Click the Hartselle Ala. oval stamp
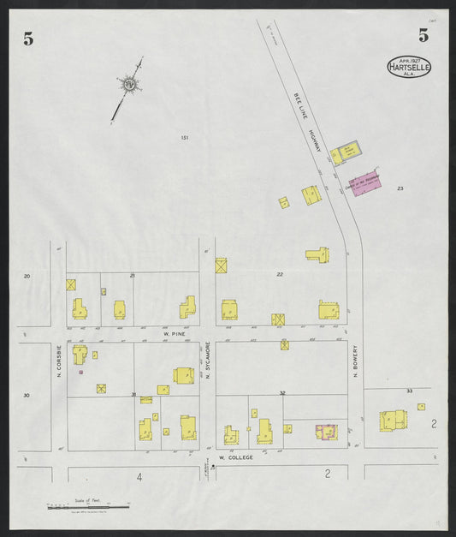click(x=409, y=67)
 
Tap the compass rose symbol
click(x=128, y=84)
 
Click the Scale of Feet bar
click(x=89, y=507)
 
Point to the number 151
click(x=184, y=137)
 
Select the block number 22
click(x=279, y=274)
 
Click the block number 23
click(x=400, y=188)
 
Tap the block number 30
click(x=27, y=395)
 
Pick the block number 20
click(x=27, y=276)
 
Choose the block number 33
click(x=409, y=391)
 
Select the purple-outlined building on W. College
click(x=326, y=432)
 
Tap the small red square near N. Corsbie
click(x=80, y=372)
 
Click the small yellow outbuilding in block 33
click(x=421, y=407)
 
